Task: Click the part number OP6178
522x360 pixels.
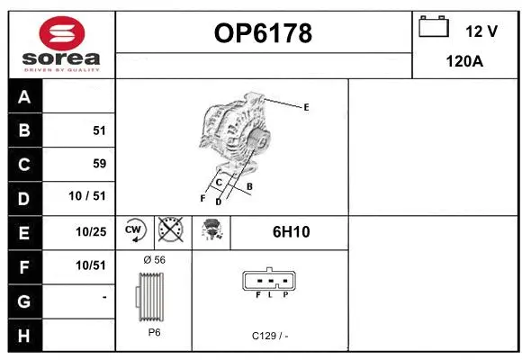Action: click(x=263, y=33)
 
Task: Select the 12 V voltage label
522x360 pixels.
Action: click(x=481, y=31)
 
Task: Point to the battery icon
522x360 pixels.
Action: click(x=434, y=27)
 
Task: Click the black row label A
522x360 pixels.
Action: click(x=24, y=97)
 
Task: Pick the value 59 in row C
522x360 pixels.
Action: click(x=99, y=164)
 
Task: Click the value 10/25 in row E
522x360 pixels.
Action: click(x=91, y=231)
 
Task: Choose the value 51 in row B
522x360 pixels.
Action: click(x=99, y=130)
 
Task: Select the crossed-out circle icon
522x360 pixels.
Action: click(x=170, y=230)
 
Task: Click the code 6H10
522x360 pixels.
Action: click(x=291, y=231)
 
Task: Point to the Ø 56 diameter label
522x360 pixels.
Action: click(x=154, y=260)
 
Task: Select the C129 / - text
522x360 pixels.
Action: click(x=270, y=336)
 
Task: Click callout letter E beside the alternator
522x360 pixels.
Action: click(x=306, y=107)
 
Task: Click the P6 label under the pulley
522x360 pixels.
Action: click(x=154, y=331)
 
